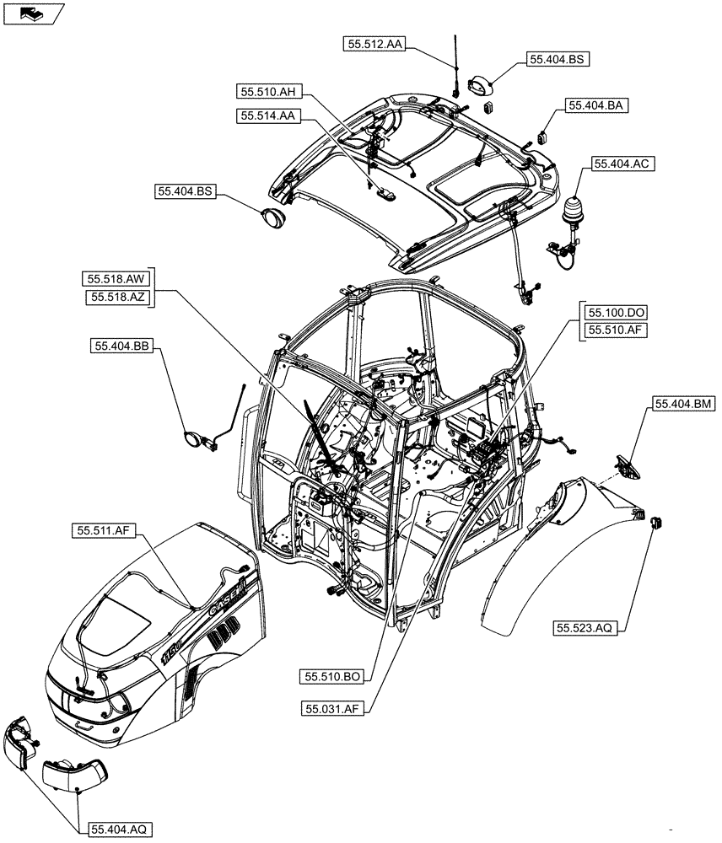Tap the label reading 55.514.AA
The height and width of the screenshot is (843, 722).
[x=267, y=116]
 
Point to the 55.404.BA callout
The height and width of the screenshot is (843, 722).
[x=597, y=106]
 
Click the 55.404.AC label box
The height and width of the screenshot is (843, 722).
[x=625, y=165]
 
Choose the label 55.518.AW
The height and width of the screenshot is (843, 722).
[x=116, y=279]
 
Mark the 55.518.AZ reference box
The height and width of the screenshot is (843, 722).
[x=116, y=298]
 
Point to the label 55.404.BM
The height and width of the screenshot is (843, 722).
[x=682, y=405]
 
